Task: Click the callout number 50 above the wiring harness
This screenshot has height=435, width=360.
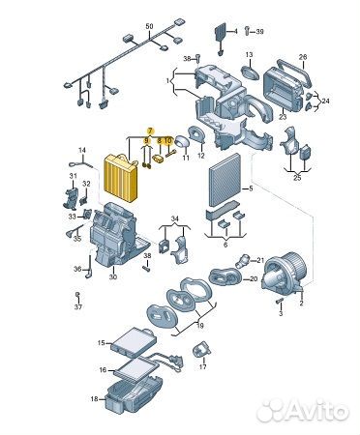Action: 149,26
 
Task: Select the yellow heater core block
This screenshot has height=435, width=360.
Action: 120,177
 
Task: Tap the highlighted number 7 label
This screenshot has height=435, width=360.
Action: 150,131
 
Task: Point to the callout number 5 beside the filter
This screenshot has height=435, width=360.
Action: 252,188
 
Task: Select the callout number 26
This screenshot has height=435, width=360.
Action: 303,57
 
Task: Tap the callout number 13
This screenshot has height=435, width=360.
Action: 249,55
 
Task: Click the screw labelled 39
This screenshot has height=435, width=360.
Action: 247,31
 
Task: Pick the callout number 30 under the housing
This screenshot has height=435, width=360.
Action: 113,276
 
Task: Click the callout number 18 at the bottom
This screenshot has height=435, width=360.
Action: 94,399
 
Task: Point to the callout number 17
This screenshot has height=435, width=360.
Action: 202,366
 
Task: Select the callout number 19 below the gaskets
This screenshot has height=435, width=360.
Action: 200,326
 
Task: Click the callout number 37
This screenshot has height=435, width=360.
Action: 78,306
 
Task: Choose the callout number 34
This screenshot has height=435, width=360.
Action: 174,219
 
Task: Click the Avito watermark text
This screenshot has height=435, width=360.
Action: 317,410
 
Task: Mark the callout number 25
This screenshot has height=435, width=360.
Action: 297,178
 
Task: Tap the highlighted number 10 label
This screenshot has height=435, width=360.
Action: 167,141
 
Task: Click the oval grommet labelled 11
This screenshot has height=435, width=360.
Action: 181,141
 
